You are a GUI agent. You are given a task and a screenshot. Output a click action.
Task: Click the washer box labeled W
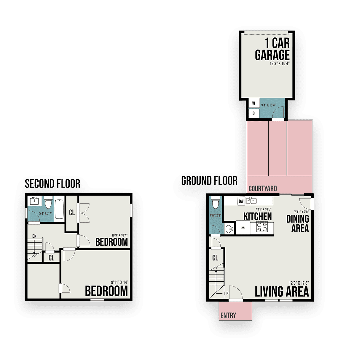pyautogui.click(x=253, y=103)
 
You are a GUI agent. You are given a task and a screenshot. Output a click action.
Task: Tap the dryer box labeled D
pyautogui.click(x=253, y=113)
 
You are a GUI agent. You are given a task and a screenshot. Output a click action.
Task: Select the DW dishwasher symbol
pyautogui.click(x=241, y=201)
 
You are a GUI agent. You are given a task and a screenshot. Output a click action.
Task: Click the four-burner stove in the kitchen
pyautogui.click(x=262, y=227)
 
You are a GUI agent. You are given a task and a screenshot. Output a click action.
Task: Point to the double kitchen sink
pyautogui.click(x=251, y=201)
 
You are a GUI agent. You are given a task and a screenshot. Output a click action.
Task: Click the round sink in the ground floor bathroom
pyautogui.click(x=229, y=229)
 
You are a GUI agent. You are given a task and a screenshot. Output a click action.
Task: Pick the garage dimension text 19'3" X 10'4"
pyautogui.click(x=280, y=64)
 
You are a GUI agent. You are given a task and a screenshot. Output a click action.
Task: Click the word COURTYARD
pyautogui.click(x=262, y=189)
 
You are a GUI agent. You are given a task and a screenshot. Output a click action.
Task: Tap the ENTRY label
pyautogui.click(x=228, y=315)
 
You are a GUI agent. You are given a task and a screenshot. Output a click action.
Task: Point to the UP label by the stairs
pyautogui.click(x=226, y=294)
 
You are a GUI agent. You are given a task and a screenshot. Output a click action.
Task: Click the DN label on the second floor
pyautogui.click(x=34, y=236)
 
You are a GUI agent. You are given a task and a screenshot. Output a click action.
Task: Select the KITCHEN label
pyautogui.click(x=258, y=216)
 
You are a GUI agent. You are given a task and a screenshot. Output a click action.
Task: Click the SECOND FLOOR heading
pyautogui.click(x=52, y=184)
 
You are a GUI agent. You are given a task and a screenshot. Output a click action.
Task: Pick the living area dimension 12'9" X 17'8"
pyautogui.click(x=299, y=283)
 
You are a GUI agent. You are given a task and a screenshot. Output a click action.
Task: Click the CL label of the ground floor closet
pyautogui.click(x=215, y=258)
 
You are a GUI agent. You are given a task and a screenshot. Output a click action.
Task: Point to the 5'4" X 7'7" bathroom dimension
pyautogui.click(x=46, y=213)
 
